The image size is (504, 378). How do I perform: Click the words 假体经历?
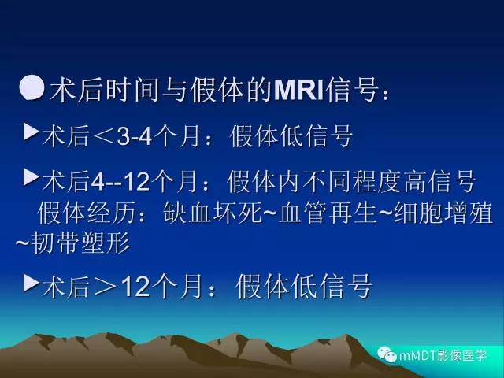(84, 213)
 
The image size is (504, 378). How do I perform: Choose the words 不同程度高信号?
(377, 183)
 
